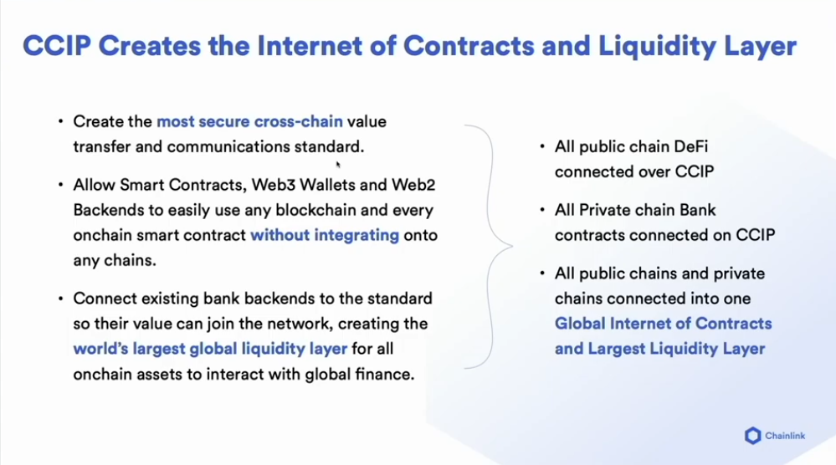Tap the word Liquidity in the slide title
tap(656, 47)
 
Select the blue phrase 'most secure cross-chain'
tap(249, 121)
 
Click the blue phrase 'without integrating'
tap(325, 235)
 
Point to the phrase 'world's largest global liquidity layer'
tap(210, 349)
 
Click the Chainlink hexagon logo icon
tap(753, 436)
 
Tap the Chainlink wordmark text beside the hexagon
tap(785, 436)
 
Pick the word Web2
tap(413, 185)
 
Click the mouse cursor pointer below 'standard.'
tap(338, 165)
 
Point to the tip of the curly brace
tap(512, 246)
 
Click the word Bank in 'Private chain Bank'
tap(697, 210)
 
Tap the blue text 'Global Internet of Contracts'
tap(664, 324)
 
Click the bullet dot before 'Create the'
tap(61, 122)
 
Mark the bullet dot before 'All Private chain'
tap(542, 211)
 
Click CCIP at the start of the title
tap(57, 45)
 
